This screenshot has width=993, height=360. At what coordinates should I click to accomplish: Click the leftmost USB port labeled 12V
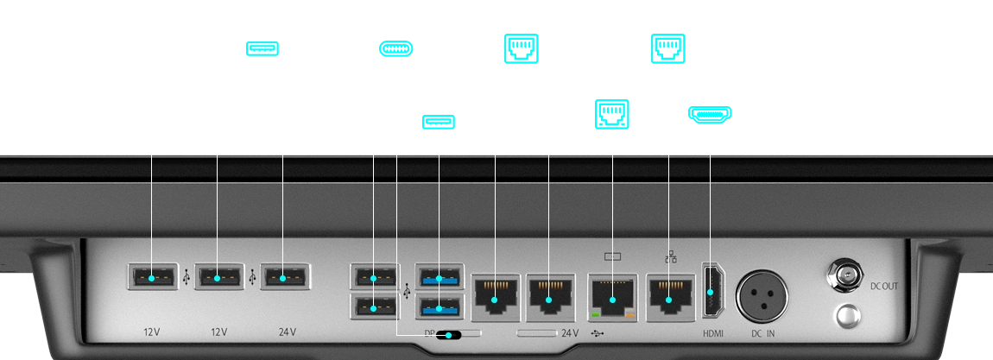click(152, 278)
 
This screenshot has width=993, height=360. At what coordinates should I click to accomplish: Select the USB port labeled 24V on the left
click(284, 278)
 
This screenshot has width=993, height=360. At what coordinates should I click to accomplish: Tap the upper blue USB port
click(440, 278)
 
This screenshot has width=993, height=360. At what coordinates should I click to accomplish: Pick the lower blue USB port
click(440, 306)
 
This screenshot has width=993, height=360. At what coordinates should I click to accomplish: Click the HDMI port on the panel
click(710, 293)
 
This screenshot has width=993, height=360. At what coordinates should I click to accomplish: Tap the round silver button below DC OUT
click(845, 314)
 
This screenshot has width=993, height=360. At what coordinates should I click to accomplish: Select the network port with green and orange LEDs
click(612, 298)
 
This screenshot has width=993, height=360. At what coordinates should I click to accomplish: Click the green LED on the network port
click(596, 319)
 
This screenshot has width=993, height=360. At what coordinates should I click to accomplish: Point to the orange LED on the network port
click(629, 319)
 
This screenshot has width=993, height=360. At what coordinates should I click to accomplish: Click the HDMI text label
click(712, 333)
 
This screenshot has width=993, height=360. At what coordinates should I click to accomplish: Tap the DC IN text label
click(762, 333)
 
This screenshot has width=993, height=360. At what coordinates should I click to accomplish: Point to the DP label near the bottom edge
click(429, 332)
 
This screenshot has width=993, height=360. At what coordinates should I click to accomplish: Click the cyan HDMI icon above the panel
click(708, 114)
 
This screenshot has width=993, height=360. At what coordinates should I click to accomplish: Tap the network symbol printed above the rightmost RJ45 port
click(670, 256)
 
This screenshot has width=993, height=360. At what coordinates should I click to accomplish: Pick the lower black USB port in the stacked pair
click(373, 306)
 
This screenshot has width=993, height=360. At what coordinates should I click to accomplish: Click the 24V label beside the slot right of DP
click(570, 332)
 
